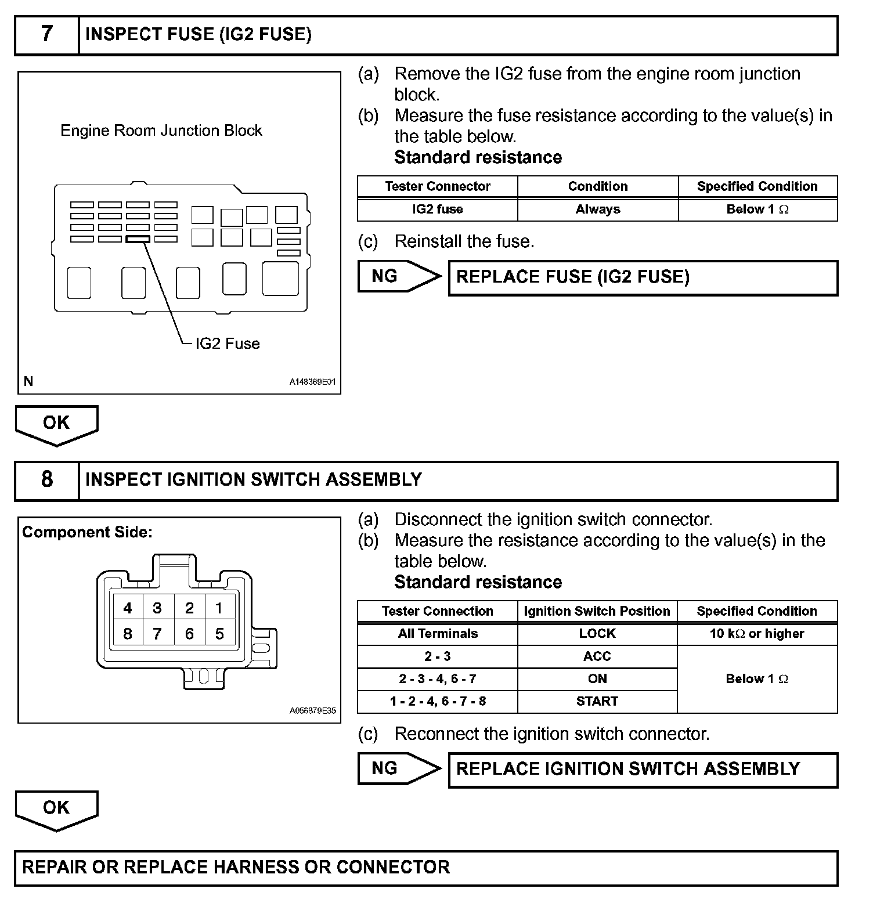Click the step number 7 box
pos(46,35)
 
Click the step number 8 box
pos(46,480)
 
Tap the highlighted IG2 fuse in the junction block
pos(138,239)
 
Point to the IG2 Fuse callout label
pos(227,344)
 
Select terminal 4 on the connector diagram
pos(128,608)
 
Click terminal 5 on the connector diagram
pos(219,634)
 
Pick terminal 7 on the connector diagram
pos(157,634)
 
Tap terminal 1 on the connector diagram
pos(219,608)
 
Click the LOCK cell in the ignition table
pos(597,634)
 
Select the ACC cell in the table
pos(597,656)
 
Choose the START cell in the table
pos(597,702)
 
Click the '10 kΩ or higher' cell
pos(757,634)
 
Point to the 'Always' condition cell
pos(598,210)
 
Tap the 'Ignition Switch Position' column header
pos(597,611)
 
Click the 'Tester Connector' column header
pos(438,186)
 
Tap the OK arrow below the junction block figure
pos(56,424)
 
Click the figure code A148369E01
pos(312,382)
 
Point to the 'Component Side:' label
pos(87,532)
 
